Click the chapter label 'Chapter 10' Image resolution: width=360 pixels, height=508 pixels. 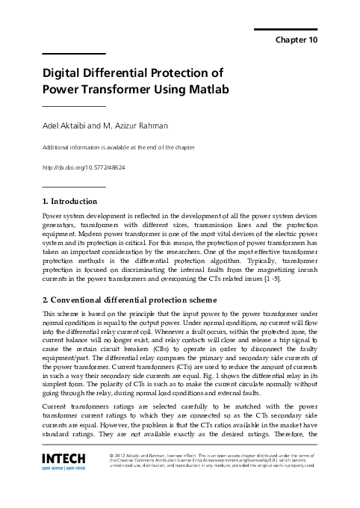pyautogui.click(x=297, y=39)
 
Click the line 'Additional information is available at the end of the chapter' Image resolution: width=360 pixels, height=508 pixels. pyautogui.click(x=119, y=148)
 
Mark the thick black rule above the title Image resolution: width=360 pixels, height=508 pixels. pyautogui.click(x=74, y=54)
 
